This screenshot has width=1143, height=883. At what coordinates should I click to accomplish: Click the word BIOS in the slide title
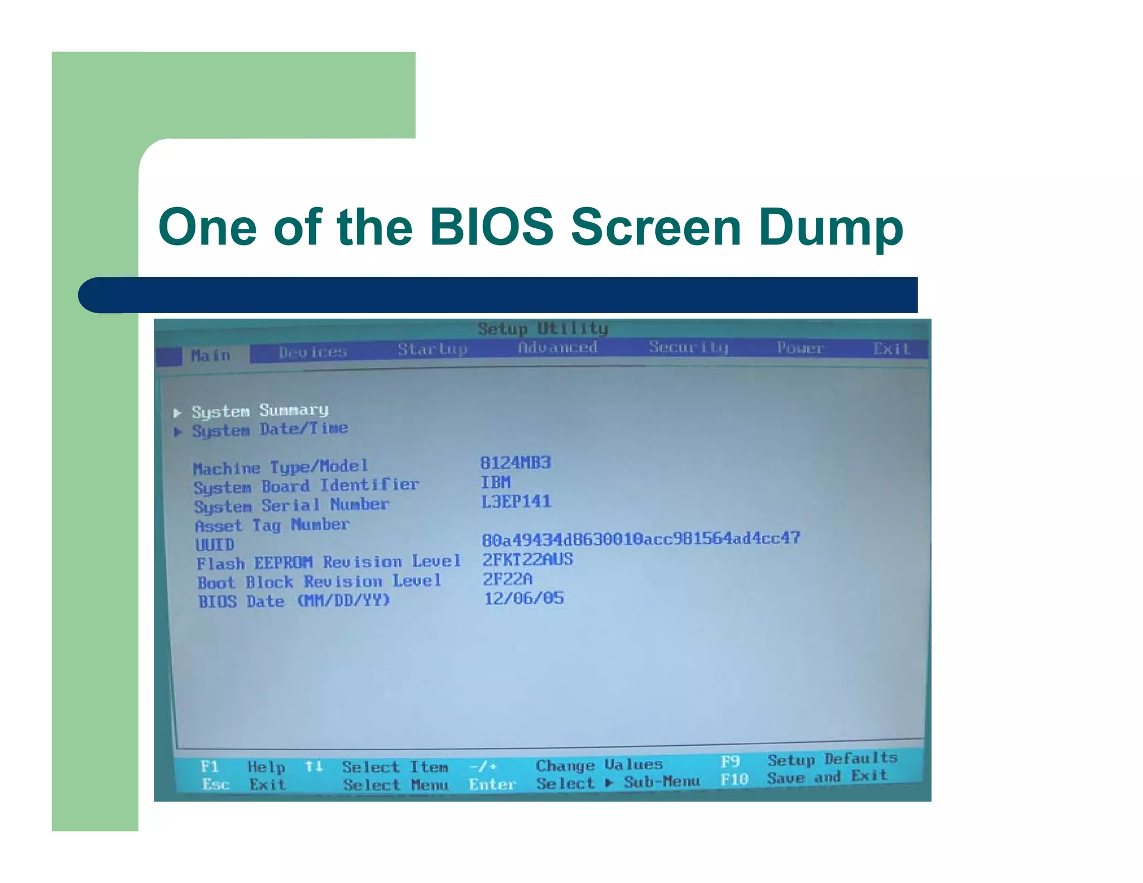[491, 227]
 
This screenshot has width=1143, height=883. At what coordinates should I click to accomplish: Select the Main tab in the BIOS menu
[210, 355]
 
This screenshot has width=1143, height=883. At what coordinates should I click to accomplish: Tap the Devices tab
[313, 352]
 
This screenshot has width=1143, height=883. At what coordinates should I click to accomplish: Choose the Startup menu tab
[432, 349]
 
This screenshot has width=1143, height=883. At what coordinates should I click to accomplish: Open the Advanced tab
[558, 347]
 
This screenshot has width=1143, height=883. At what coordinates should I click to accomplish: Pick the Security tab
[688, 347]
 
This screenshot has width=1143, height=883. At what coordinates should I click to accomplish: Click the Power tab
[800, 348]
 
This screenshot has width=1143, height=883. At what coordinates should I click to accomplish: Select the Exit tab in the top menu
[891, 349]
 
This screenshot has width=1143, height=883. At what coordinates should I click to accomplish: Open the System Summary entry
[260, 411]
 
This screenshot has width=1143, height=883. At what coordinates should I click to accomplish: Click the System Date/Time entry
[270, 430]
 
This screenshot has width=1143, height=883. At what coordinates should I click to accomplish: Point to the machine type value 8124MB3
[515, 463]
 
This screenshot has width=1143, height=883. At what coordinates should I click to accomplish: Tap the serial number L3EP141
[516, 501]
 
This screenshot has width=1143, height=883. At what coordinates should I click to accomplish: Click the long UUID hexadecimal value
[641, 539]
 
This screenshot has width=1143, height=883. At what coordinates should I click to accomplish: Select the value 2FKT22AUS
[527, 559]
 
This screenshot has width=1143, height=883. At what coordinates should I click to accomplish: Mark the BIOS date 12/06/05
[524, 598]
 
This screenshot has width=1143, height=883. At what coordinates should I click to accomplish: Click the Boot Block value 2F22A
[507, 579]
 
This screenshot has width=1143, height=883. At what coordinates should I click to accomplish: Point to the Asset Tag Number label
[272, 525]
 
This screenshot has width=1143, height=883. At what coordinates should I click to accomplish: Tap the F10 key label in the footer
[733, 779]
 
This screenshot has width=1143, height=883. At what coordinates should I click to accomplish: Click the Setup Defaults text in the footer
[832, 759]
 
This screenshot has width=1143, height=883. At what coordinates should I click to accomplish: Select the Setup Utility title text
[542, 328]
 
